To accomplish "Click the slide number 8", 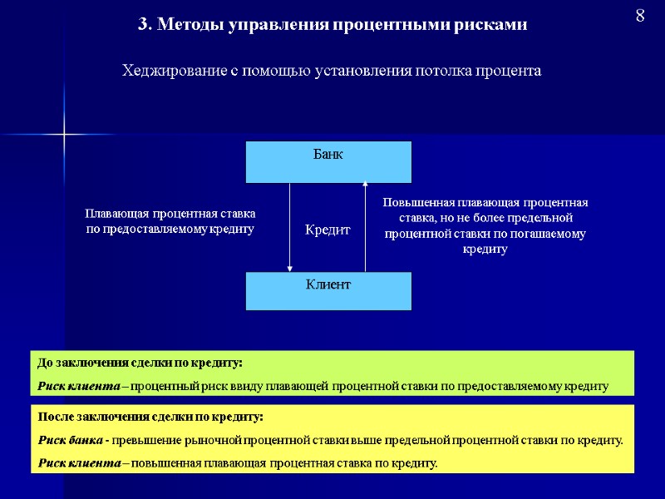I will pos(640,17).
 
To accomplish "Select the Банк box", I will pos(328,162).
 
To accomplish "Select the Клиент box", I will pos(328,291).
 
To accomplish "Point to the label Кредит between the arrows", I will pos(328,230).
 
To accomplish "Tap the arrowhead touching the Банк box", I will pos(365,185).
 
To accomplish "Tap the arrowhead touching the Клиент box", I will pos(290,269).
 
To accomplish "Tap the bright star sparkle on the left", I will pos(63,134).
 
